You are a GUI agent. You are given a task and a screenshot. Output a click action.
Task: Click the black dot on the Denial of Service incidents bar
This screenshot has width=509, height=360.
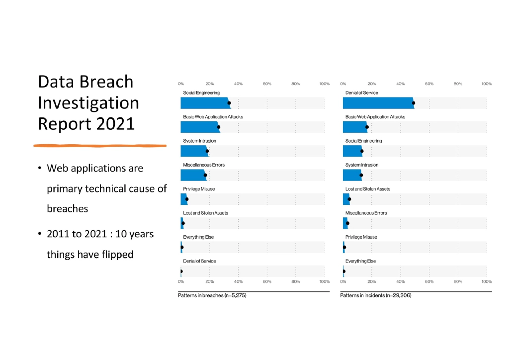(x=414, y=103)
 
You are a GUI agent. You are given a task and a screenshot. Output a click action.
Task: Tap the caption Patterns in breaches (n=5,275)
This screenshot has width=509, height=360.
(x=212, y=295)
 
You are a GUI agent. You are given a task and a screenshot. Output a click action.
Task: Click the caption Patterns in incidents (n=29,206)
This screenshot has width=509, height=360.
(x=375, y=295)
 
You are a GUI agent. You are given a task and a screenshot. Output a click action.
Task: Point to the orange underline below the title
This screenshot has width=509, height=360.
(x=99, y=146)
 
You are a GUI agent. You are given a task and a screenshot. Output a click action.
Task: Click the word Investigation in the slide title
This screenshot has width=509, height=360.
(x=88, y=102)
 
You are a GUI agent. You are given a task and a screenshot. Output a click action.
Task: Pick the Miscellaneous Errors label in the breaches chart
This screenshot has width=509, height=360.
(x=204, y=165)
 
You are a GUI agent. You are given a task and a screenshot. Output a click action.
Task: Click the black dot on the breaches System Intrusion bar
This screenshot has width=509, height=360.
(x=207, y=151)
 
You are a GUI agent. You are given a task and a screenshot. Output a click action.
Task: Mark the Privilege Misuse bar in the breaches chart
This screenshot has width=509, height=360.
(x=183, y=199)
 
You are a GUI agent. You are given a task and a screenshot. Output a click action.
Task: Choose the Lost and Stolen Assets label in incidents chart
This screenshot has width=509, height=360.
(x=368, y=189)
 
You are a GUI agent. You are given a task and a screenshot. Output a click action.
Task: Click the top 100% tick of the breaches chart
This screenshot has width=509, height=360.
(x=324, y=84)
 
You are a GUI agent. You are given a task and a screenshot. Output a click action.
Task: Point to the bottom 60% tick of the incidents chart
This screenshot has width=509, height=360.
(x=429, y=281)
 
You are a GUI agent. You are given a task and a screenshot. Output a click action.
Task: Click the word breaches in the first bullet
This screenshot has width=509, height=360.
(x=67, y=209)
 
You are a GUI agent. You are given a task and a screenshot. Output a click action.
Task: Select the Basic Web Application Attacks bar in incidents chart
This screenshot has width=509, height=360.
(x=355, y=127)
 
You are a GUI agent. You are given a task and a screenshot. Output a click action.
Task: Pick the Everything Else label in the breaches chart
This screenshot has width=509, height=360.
(x=198, y=237)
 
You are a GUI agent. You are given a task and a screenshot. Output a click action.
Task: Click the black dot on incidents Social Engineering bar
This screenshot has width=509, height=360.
(x=362, y=151)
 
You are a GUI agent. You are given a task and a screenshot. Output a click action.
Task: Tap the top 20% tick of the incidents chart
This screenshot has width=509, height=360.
(x=371, y=84)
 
